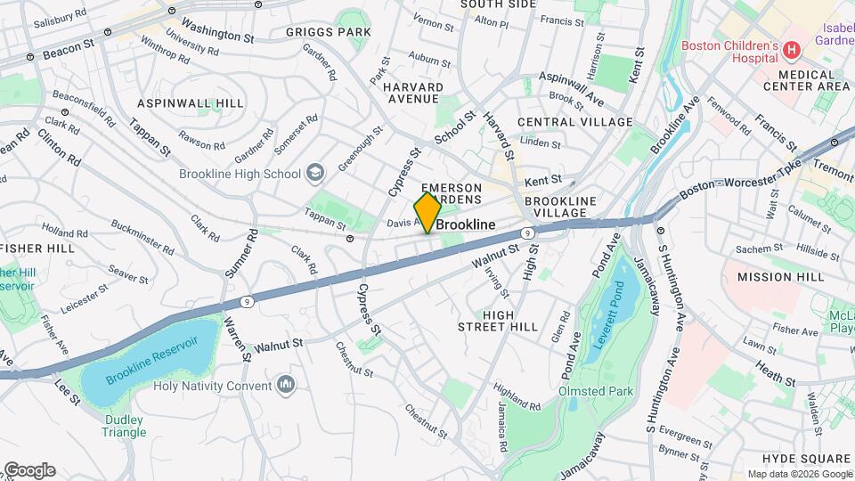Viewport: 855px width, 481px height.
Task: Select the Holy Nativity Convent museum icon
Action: point(286,385)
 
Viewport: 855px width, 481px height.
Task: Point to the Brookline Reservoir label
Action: point(151,361)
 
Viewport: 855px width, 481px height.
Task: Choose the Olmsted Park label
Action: point(593,390)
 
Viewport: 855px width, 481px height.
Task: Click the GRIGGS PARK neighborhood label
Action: point(329,32)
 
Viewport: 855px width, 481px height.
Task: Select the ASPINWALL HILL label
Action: point(191,103)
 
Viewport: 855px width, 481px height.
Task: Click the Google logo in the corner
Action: point(29,470)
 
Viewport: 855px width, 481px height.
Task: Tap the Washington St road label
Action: point(217,30)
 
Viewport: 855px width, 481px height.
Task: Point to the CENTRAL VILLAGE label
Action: point(574,122)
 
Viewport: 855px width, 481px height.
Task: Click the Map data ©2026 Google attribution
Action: point(798,474)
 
